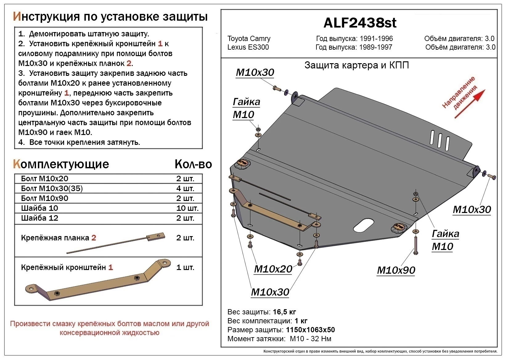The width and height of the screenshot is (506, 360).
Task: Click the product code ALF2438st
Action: (x=360, y=23)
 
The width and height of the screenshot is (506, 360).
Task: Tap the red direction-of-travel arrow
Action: (x=470, y=104)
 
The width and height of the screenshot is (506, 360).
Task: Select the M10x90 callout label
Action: (x=396, y=270)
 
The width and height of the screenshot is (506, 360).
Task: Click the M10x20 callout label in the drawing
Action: (x=273, y=269)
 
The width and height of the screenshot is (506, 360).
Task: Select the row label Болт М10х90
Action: (x=45, y=198)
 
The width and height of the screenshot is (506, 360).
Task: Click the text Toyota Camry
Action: (x=249, y=39)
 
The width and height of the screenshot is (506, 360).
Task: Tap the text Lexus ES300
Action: (x=248, y=47)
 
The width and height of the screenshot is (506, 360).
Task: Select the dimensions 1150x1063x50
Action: (x=310, y=330)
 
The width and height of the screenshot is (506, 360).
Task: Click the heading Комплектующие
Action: (x=61, y=164)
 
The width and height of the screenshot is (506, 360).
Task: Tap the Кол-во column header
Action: (x=193, y=164)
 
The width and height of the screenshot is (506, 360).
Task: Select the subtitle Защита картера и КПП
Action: (x=357, y=65)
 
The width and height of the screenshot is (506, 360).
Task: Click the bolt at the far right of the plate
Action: (x=492, y=177)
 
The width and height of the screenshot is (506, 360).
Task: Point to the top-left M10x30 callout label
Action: (x=255, y=72)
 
